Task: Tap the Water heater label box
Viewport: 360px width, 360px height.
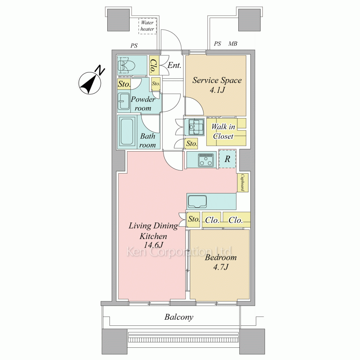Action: (148, 26)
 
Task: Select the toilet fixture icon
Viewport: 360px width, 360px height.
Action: (124, 65)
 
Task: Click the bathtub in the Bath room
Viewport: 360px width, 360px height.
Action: (127, 131)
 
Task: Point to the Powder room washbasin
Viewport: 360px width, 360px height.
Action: (124, 101)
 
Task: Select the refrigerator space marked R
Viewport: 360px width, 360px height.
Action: (227, 159)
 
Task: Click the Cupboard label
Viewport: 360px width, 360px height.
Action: (242, 183)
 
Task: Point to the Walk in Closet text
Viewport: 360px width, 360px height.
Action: (223, 131)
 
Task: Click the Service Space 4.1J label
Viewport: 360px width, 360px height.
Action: (217, 85)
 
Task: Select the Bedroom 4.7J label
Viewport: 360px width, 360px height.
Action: (221, 262)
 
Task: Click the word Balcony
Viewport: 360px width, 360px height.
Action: (179, 317)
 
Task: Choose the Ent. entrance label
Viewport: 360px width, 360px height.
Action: (174, 65)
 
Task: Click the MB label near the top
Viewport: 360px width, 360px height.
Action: (233, 44)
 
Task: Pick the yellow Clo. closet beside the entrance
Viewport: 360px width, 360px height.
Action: (154, 65)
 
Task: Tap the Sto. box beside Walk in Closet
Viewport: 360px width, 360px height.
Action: (192, 144)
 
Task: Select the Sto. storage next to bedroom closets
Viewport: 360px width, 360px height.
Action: (194, 220)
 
